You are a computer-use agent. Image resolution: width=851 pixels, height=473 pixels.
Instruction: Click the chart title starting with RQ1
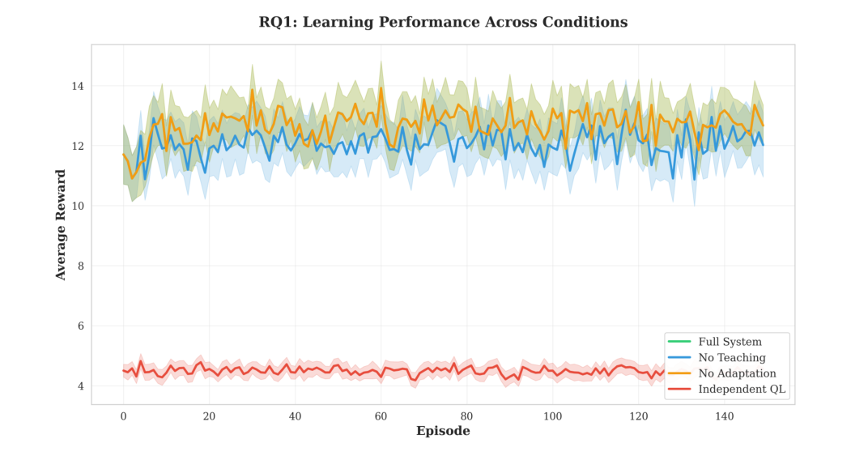click(x=443, y=22)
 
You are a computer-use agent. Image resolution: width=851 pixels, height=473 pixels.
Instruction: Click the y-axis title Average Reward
click(x=61, y=225)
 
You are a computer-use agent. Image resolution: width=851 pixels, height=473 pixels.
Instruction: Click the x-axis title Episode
click(x=443, y=431)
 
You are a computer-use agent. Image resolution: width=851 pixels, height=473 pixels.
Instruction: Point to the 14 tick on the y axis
click(x=78, y=86)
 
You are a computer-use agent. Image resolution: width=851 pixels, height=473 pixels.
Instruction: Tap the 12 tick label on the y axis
click(x=78, y=146)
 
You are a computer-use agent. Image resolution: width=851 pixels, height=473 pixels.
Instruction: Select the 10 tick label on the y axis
click(x=78, y=206)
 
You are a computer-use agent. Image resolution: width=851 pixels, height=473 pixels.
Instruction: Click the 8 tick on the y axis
click(x=81, y=266)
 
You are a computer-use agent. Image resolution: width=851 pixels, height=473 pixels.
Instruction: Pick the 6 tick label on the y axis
click(x=81, y=326)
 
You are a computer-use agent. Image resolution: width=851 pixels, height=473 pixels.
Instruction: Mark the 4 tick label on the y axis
click(x=81, y=386)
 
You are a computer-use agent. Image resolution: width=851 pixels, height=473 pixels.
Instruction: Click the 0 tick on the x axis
click(x=123, y=415)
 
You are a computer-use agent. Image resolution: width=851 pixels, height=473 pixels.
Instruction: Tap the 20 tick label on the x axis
click(x=209, y=415)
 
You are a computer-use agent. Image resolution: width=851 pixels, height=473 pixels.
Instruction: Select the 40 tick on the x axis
click(x=295, y=415)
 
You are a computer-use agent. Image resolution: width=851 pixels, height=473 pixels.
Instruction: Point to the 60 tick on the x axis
click(x=381, y=415)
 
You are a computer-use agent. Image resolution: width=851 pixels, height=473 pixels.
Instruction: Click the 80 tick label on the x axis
click(x=466, y=415)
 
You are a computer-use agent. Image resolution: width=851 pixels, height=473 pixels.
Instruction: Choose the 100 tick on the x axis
click(x=552, y=415)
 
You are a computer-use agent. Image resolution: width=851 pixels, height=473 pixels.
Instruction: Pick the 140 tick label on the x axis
click(x=724, y=415)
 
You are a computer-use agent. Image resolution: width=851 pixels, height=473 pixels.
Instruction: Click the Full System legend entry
click(x=725, y=341)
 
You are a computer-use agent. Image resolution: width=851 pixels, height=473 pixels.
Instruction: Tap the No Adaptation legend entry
click(x=730, y=373)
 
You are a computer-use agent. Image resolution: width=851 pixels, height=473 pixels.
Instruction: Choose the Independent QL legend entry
click(x=735, y=390)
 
